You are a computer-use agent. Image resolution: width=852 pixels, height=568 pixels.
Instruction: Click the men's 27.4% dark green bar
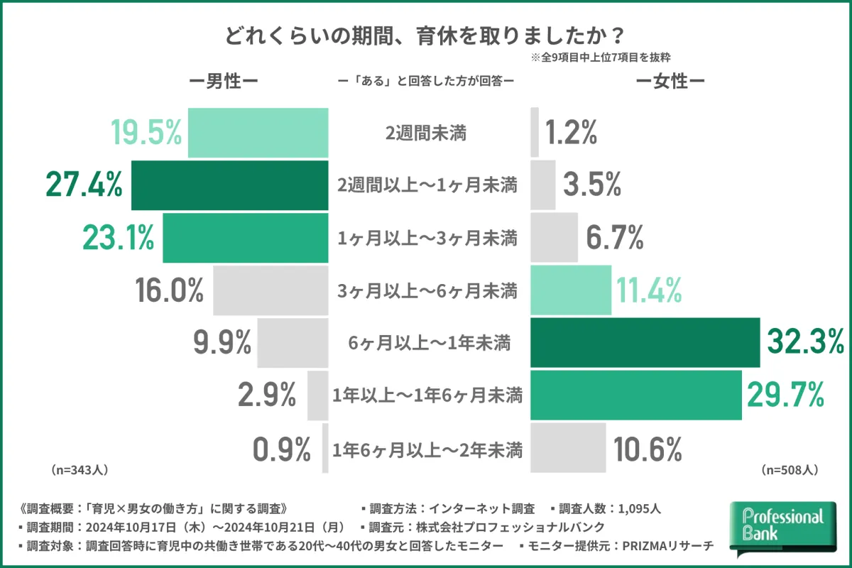(x=230, y=185)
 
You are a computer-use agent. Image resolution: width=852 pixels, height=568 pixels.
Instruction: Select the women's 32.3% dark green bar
(x=645, y=344)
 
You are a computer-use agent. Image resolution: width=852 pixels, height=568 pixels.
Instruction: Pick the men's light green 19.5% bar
(x=258, y=133)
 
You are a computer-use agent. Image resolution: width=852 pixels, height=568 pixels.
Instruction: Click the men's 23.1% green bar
(x=246, y=238)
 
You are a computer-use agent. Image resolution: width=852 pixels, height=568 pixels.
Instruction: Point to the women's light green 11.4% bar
(x=571, y=290)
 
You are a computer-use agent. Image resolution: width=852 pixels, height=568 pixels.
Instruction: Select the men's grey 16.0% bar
(x=271, y=290)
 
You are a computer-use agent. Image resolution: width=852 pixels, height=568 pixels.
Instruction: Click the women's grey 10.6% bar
(x=568, y=448)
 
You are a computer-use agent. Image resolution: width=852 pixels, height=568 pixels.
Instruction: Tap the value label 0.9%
(x=282, y=449)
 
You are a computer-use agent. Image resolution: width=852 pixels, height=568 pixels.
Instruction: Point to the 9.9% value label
(x=222, y=344)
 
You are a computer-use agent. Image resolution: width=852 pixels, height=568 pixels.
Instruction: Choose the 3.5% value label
(x=592, y=185)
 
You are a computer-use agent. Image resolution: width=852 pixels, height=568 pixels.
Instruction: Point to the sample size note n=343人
(x=79, y=470)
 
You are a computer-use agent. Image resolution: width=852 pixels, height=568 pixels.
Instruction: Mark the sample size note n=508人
(x=790, y=470)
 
